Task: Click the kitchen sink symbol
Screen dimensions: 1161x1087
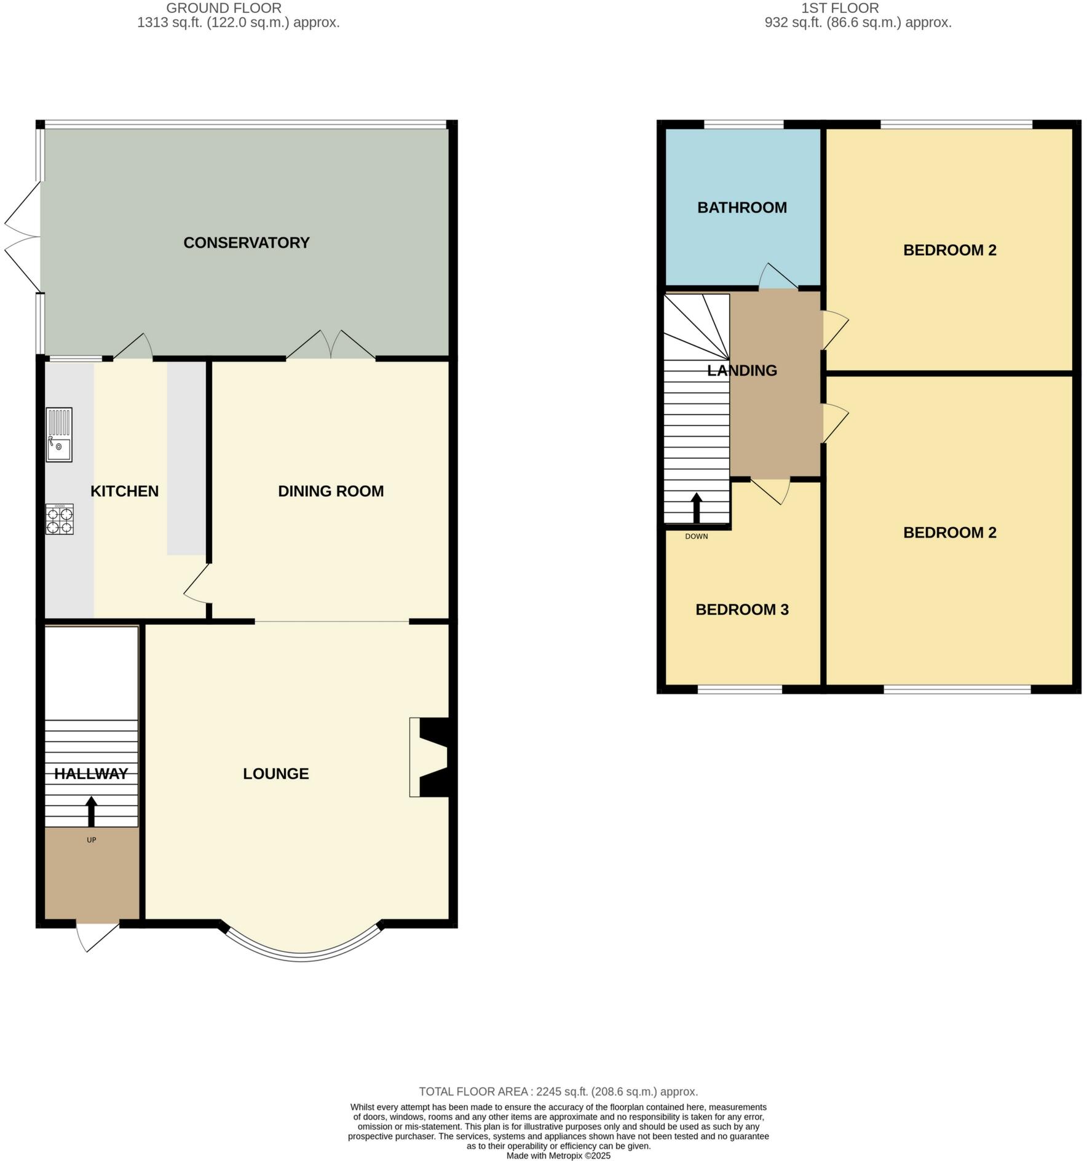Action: click(59, 434)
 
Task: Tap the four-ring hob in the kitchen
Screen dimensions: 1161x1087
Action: click(60, 518)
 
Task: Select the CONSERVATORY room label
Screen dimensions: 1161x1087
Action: click(246, 242)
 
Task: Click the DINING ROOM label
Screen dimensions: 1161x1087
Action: click(331, 491)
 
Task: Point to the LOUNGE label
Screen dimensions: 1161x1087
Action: click(275, 773)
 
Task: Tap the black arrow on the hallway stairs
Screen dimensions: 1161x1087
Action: click(91, 811)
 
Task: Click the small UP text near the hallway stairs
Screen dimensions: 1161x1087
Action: click(91, 839)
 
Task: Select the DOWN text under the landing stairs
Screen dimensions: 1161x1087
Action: click(696, 536)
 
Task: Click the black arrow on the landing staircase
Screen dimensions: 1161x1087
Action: click(696, 507)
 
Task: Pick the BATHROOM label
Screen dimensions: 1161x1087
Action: click(741, 207)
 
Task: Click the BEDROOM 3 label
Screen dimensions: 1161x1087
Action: click(741, 609)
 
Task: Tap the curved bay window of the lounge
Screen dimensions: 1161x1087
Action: click(301, 956)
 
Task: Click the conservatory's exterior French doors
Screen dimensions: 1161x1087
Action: click(23, 236)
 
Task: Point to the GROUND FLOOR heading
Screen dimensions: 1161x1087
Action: click(224, 8)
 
